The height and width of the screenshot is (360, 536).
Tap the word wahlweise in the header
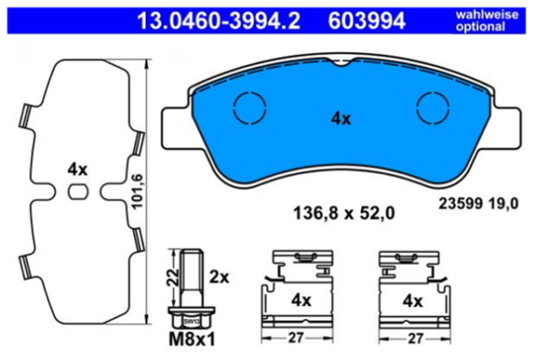click(489, 12)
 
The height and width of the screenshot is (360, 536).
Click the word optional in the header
click(489, 25)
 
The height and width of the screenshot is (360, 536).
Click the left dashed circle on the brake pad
click(247, 110)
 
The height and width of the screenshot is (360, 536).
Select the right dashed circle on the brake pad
click(434, 110)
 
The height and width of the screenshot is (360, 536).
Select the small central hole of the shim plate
click(79, 190)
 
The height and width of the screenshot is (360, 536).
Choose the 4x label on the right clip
click(412, 299)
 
